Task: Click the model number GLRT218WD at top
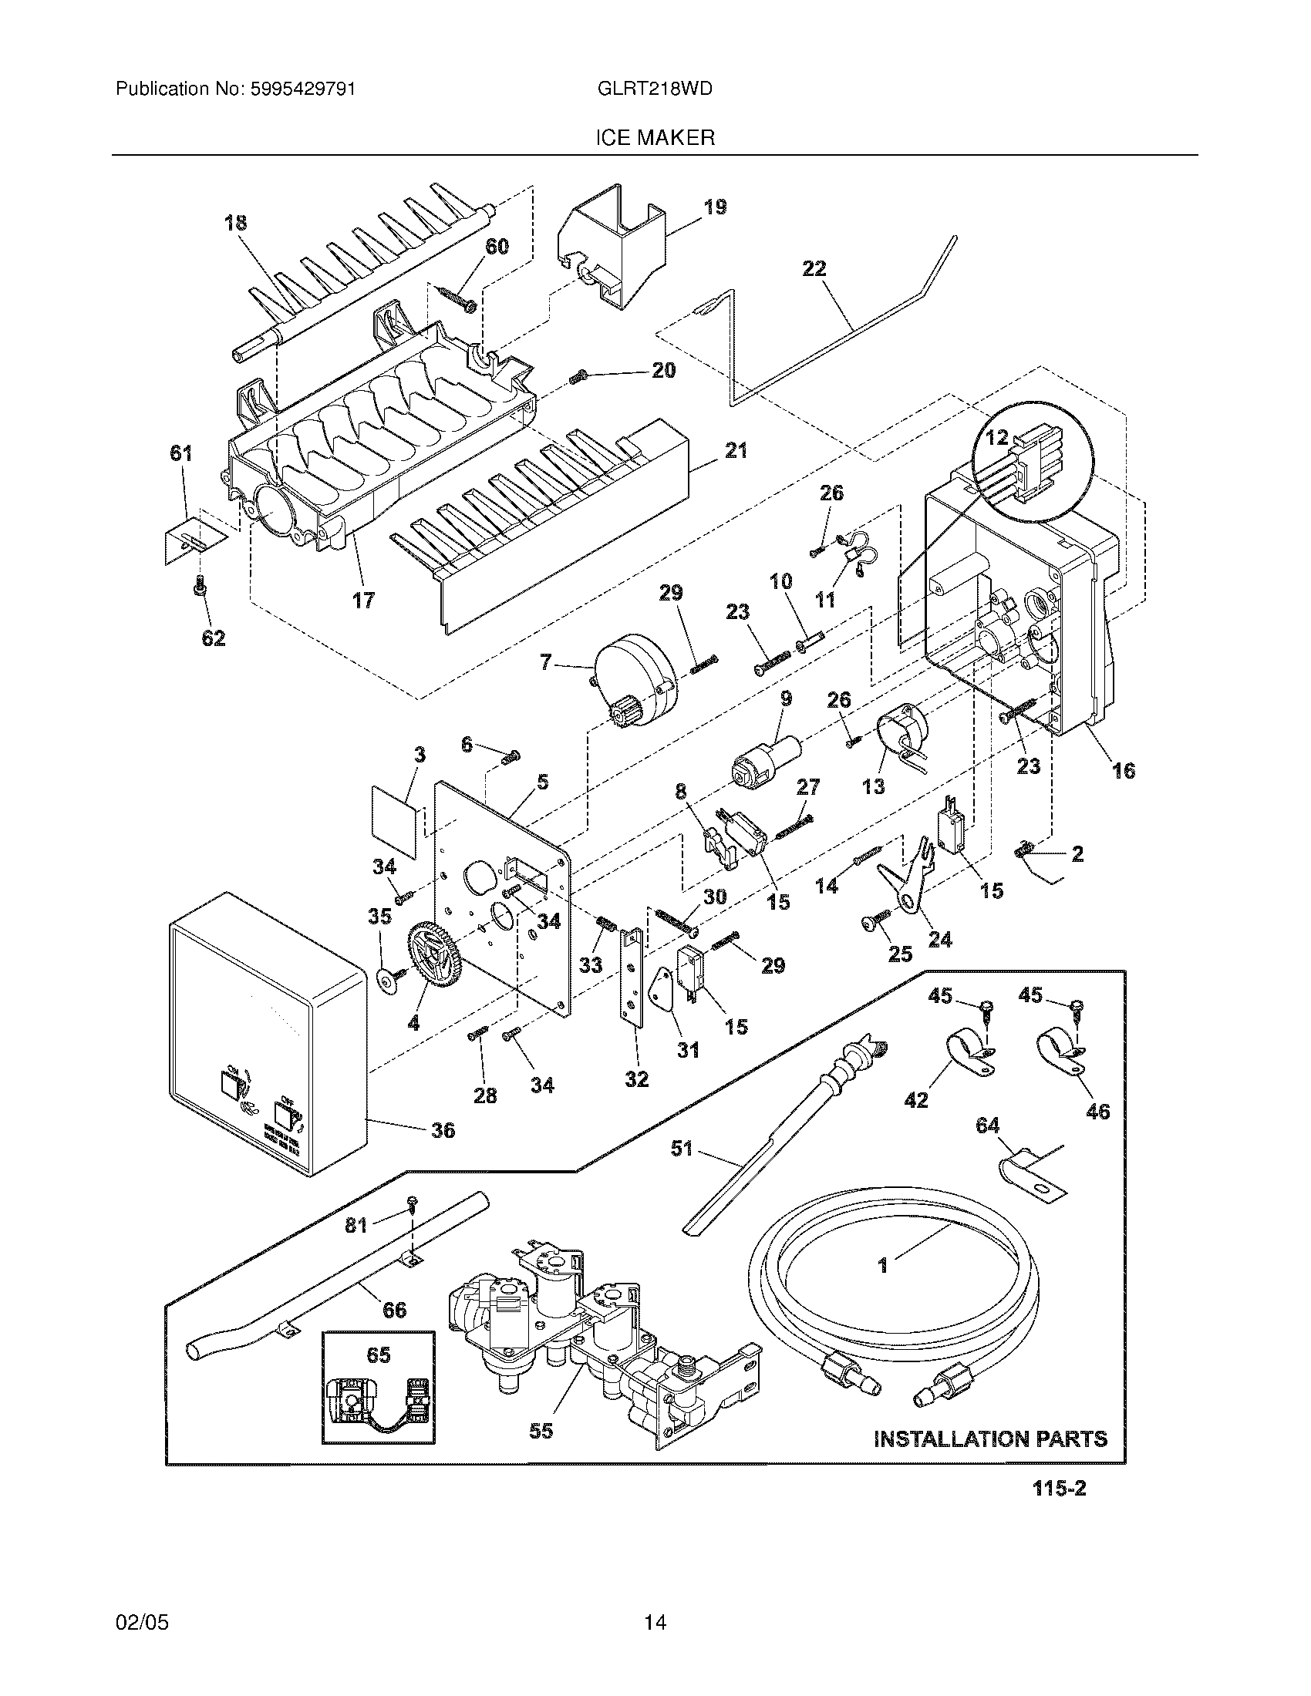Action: click(x=655, y=89)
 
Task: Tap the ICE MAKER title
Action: click(x=655, y=138)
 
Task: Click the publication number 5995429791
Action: click(x=302, y=89)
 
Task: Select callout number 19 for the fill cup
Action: click(x=715, y=207)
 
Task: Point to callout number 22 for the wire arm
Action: click(x=814, y=269)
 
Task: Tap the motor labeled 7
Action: click(x=635, y=678)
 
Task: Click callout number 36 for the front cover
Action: click(x=443, y=1130)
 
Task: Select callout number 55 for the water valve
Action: click(x=541, y=1429)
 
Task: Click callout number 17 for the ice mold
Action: click(x=362, y=600)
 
